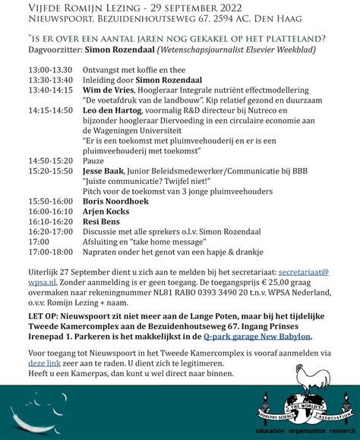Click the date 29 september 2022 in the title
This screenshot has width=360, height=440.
(185, 6)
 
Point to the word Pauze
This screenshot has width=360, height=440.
(94, 161)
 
